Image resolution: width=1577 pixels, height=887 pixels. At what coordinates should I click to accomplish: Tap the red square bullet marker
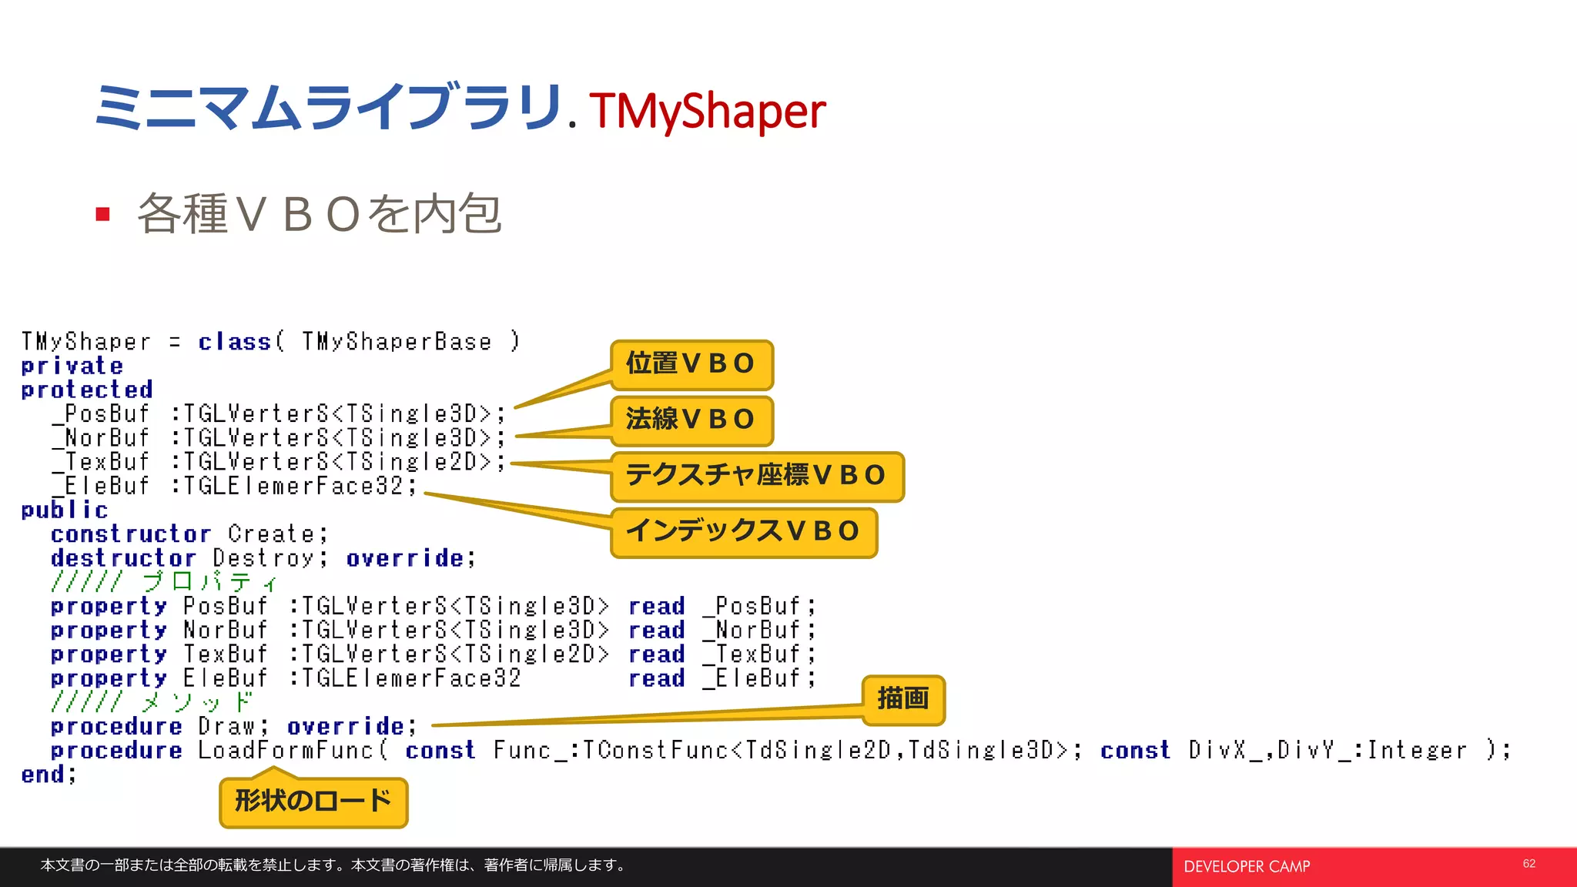[x=103, y=214]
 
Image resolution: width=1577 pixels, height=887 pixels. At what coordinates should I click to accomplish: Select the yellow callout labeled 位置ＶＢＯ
[x=691, y=364]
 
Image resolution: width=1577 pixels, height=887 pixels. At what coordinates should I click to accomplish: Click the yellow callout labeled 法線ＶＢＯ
[x=691, y=420]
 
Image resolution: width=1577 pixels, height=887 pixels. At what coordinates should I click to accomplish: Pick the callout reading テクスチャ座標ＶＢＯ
[x=756, y=476]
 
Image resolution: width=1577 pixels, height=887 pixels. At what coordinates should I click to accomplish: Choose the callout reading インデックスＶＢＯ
[x=743, y=532]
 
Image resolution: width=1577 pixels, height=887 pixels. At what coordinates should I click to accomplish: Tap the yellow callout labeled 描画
[x=902, y=699]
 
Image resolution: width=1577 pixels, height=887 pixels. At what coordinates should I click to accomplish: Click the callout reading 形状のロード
[x=313, y=802]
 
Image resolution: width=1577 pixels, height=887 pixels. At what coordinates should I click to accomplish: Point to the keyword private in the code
[x=72, y=366]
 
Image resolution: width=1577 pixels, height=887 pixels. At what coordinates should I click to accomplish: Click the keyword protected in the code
[x=86, y=390]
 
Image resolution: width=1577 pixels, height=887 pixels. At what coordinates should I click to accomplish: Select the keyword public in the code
[x=64, y=510]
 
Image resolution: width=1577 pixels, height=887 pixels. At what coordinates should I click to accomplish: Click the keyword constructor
[x=130, y=534]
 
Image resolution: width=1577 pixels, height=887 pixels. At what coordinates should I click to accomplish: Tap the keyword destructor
[x=123, y=557]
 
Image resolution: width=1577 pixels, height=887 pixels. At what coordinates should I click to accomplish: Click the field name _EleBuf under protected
[x=101, y=486]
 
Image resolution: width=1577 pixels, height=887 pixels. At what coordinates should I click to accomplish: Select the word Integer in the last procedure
[x=1417, y=750]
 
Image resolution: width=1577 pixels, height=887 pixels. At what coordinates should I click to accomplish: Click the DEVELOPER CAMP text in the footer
[x=1246, y=867]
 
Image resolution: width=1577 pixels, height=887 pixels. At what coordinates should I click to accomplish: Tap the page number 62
[x=1528, y=864]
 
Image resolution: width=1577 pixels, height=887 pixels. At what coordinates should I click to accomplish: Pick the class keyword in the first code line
[x=234, y=342]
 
